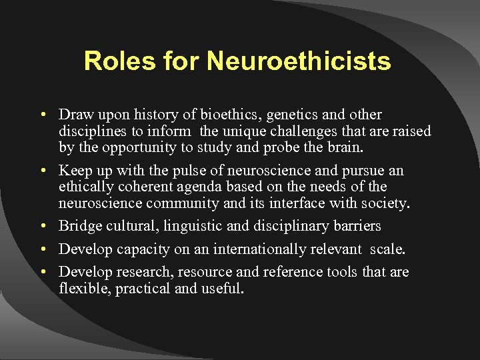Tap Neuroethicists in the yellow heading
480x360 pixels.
tap(299, 61)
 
